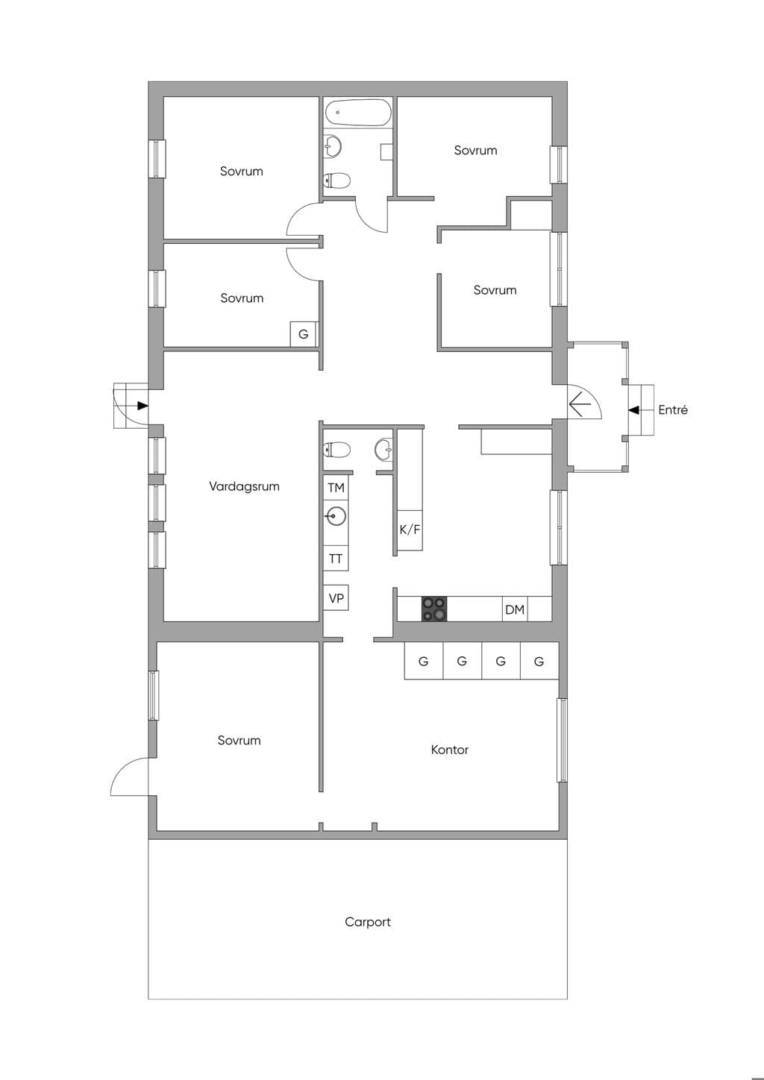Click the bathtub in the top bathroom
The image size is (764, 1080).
coord(357,113)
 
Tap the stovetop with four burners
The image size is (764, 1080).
coord(434,609)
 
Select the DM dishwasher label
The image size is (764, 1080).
coord(515,610)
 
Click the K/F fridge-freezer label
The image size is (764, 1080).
coord(410,530)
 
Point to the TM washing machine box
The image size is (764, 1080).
coord(336,488)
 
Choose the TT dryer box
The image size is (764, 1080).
coord(336,559)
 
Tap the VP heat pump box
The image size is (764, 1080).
coord(336,598)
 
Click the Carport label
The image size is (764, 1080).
coord(368,923)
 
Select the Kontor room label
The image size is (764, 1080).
coord(450,750)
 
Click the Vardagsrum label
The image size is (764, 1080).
coord(244,486)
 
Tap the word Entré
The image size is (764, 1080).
coord(673,409)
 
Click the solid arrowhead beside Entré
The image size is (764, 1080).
coord(633,409)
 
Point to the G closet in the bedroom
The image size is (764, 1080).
coord(304,334)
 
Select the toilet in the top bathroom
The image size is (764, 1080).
coord(336,180)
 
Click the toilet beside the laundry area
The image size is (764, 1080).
coord(336,450)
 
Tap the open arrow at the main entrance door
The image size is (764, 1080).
coord(580,404)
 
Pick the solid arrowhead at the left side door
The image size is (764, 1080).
coord(143,406)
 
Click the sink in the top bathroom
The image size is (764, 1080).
coord(333,145)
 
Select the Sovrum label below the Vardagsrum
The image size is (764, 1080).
coord(239,740)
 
